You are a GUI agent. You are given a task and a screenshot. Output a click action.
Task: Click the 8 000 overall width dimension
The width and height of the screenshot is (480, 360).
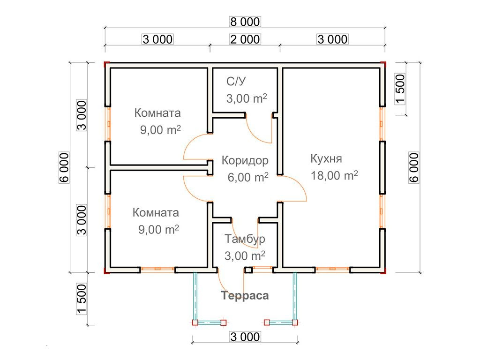(x=244, y=22)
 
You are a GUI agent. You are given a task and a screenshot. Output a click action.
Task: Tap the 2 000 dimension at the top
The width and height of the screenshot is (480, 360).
(x=244, y=39)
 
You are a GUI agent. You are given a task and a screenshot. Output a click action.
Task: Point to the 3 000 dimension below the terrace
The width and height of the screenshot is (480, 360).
(x=244, y=337)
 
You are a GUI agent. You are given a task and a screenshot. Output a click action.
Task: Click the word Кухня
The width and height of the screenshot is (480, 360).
(x=326, y=158)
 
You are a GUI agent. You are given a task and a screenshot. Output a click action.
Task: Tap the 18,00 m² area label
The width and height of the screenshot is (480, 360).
(x=334, y=176)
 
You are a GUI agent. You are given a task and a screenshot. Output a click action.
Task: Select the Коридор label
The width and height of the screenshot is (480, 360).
(x=245, y=161)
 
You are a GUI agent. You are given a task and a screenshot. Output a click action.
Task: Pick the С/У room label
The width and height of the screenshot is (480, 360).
(x=236, y=82)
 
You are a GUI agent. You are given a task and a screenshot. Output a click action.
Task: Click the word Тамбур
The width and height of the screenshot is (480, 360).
(x=245, y=239)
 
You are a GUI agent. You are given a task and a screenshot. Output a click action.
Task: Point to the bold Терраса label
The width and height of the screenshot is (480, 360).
(x=245, y=296)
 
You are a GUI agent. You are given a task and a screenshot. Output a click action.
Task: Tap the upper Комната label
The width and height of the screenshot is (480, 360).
(x=157, y=113)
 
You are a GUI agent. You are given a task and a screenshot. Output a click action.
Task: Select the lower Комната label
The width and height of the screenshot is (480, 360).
(x=156, y=213)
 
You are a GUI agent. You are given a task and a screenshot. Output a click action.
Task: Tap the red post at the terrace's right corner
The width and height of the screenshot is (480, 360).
(x=295, y=322)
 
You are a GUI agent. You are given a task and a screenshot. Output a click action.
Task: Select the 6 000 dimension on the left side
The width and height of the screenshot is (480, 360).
(x=65, y=167)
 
